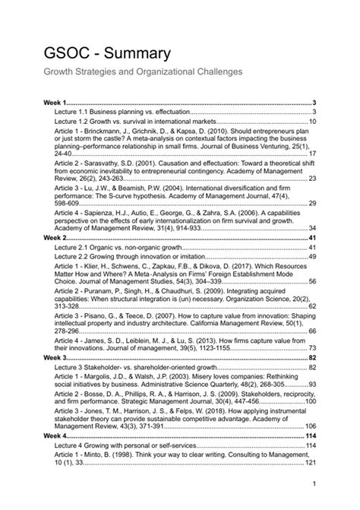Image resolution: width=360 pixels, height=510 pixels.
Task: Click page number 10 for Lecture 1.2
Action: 312,121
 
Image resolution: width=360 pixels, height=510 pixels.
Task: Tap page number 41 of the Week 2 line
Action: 312,238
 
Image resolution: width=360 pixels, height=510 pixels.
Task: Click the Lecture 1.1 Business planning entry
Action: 121,111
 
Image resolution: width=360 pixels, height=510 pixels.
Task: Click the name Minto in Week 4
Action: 97,455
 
